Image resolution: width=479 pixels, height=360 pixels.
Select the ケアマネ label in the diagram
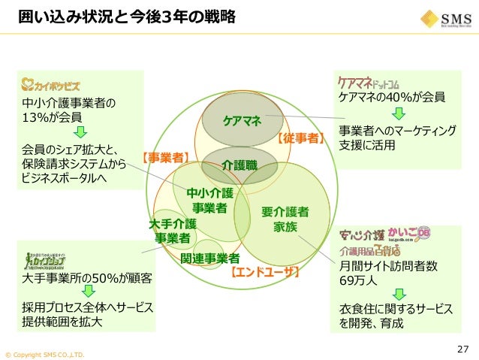click(242, 121)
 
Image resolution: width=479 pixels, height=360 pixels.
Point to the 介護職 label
click(239, 163)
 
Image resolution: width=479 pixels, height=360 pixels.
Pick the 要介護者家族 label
click(285, 218)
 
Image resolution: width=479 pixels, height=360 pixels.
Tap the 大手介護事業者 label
click(173, 231)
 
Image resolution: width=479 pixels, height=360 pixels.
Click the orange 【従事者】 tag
click(300, 138)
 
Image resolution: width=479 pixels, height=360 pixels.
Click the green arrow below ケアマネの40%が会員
click(399, 113)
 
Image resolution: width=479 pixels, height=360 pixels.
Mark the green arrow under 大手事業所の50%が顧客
click(88, 292)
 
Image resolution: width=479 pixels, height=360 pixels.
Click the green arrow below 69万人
click(399, 295)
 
